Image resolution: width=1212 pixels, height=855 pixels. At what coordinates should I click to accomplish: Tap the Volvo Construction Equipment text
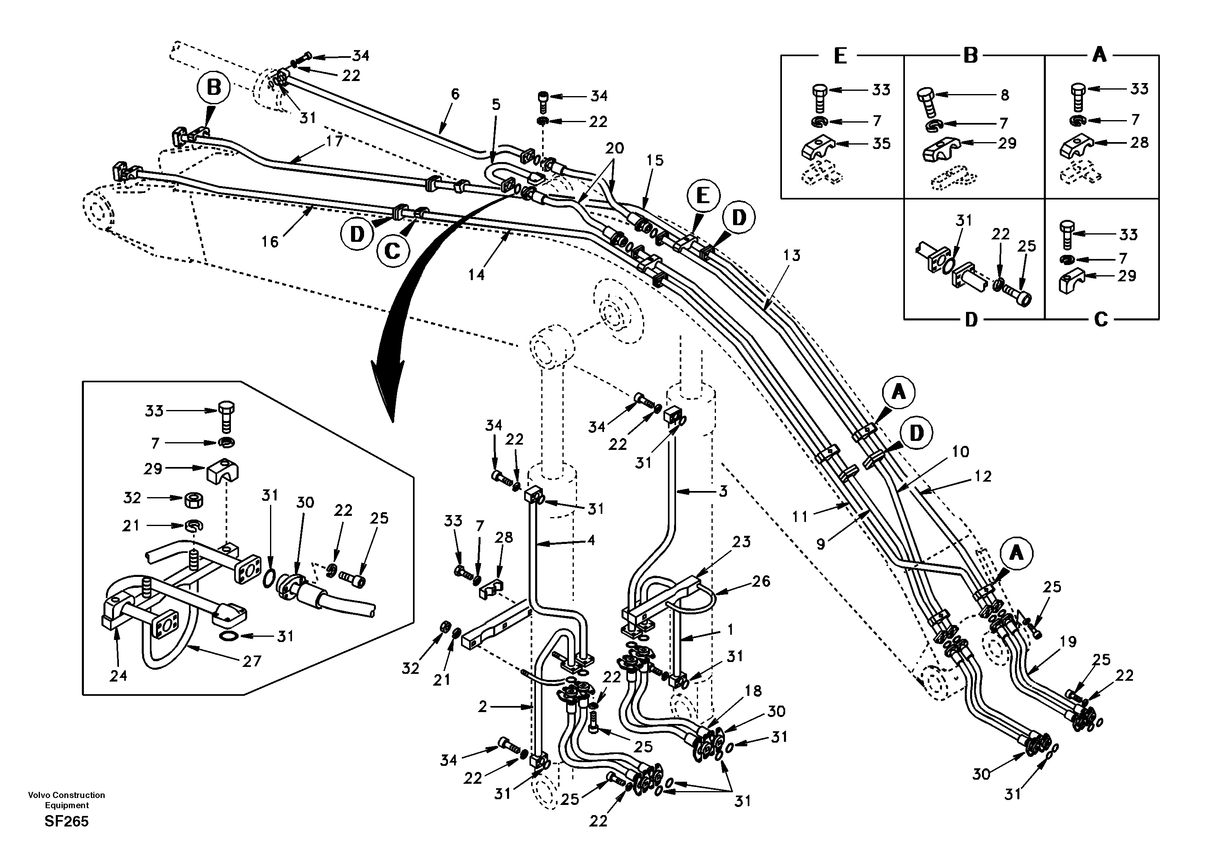[x=66, y=800]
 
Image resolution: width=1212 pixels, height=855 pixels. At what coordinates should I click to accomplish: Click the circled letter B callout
[x=214, y=88]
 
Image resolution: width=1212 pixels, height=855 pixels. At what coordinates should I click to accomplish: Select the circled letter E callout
[x=703, y=196]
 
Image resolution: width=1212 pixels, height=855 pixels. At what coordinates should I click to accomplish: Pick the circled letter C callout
[x=392, y=251]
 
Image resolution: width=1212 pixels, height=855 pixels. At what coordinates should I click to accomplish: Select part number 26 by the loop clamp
[x=761, y=582]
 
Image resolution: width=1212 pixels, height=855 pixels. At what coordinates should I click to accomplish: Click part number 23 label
[x=741, y=542]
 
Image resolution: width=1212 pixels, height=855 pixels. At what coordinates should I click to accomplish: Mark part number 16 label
[x=270, y=242]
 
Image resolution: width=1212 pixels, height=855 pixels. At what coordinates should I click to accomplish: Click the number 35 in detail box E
[x=881, y=144]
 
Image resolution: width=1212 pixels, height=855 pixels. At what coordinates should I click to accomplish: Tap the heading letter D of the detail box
[x=971, y=320]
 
